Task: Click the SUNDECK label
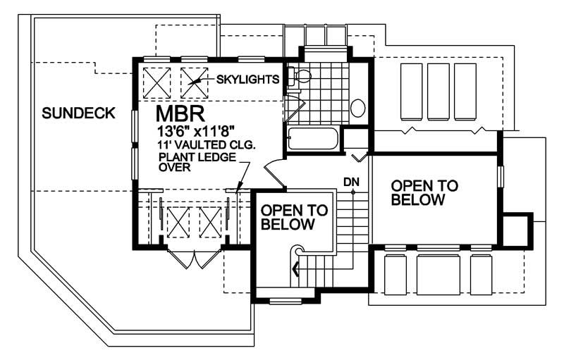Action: [x=78, y=113]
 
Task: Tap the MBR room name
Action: [x=180, y=114]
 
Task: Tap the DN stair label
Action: [x=352, y=182]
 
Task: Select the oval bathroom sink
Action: [x=358, y=108]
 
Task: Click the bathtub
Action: [x=314, y=138]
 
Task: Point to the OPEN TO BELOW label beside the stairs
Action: [x=294, y=217]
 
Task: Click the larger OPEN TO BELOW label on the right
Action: [x=424, y=192]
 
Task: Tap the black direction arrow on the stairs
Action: [x=295, y=267]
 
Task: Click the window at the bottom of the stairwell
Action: [x=285, y=301]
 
